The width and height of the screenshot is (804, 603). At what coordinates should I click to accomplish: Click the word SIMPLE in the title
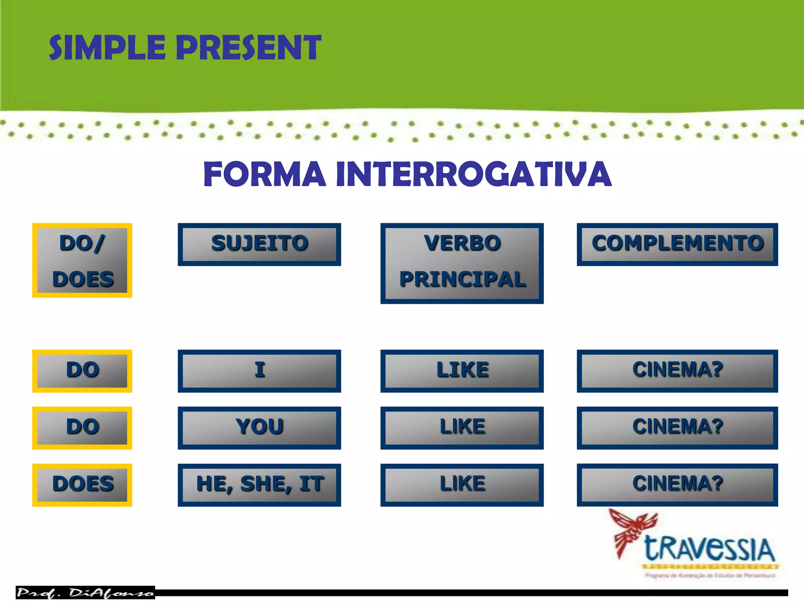pos(107,48)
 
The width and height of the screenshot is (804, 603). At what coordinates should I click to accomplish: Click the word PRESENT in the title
pos(248,48)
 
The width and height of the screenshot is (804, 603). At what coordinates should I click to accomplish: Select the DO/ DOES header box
pos(82,260)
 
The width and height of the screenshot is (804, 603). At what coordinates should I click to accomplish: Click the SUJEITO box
pos(259,244)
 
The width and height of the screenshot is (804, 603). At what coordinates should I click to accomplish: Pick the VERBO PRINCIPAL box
pos(462,263)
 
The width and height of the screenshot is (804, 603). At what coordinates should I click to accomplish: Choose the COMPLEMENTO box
pos(677,244)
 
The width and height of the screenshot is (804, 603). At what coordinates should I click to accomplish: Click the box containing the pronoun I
pos(259,371)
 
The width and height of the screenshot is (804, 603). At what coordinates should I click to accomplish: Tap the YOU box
pos(259,428)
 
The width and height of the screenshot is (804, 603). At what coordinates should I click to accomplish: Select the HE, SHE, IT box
pos(259,484)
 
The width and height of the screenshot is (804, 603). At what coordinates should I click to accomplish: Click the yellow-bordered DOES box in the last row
pos(82,484)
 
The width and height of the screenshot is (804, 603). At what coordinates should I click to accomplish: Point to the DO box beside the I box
pos(82,371)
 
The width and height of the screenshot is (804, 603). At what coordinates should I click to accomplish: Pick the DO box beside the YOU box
pos(82,428)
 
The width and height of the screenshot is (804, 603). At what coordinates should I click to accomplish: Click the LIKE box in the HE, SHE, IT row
pos(462,484)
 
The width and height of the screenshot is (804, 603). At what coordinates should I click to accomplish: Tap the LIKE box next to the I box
pos(462,371)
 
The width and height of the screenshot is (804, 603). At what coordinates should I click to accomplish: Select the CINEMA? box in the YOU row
pos(677,428)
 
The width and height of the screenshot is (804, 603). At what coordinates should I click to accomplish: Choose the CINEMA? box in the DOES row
pos(677,484)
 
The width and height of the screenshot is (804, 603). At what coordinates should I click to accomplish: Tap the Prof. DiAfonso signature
pos(85,592)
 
